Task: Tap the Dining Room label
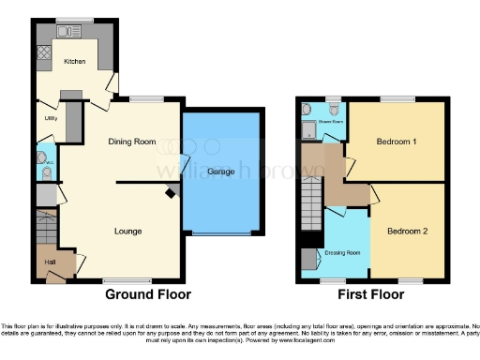coord(132,142)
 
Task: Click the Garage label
coord(220,172)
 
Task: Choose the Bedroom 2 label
coord(408,230)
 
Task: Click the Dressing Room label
coord(343,252)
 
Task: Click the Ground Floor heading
coord(147,294)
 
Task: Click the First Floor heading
coord(370,294)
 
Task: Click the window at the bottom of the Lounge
coord(121,280)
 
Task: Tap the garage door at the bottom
coord(221,234)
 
